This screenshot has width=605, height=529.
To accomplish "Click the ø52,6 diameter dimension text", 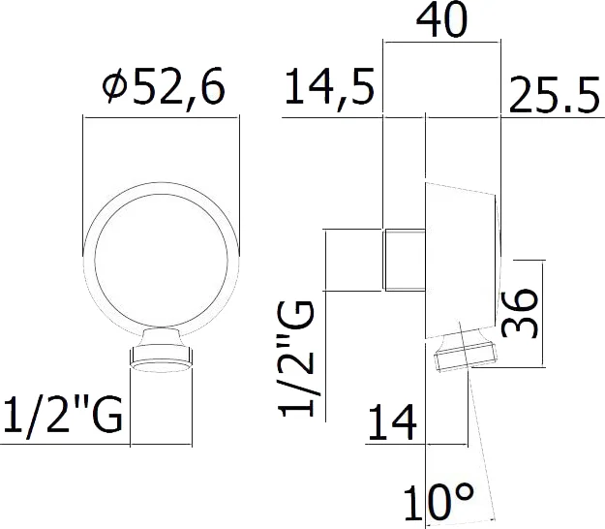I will click(x=163, y=90).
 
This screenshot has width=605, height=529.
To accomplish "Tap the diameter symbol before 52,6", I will click(x=114, y=91).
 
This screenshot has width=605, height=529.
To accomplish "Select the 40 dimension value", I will click(x=442, y=20).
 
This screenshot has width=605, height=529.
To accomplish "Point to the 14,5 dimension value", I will click(x=329, y=91).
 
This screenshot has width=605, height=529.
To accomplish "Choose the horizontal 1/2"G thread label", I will click(x=61, y=417).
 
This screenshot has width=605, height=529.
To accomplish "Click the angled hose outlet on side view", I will click(x=464, y=356).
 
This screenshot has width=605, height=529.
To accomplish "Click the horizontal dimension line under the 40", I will click(x=442, y=42).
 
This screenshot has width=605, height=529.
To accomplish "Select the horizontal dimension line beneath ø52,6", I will click(x=162, y=117).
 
